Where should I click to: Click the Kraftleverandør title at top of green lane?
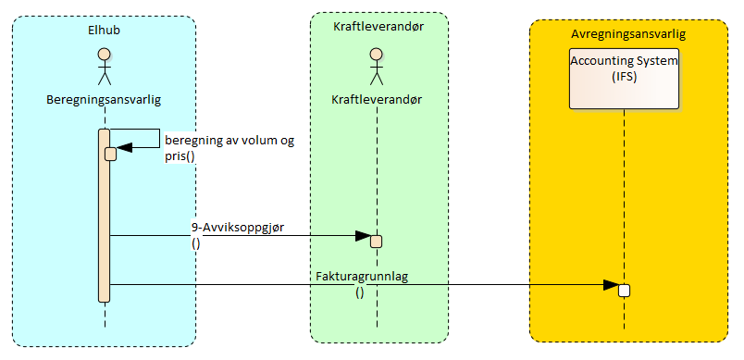[377, 26]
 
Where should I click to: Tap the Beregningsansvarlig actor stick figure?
[105, 65]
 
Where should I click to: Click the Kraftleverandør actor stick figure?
[376, 65]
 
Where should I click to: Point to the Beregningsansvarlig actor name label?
[105, 97]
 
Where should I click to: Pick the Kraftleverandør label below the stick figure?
[376, 97]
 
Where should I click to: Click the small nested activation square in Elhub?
[110, 154]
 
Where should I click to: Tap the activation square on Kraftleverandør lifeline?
[376, 242]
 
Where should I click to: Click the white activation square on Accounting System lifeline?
[624, 290]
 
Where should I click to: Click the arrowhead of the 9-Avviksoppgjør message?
[364, 236]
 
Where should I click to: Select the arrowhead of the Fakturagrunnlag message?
[612, 284]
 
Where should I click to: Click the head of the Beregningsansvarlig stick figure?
[105, 53]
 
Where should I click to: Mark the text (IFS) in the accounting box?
[624, 77]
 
